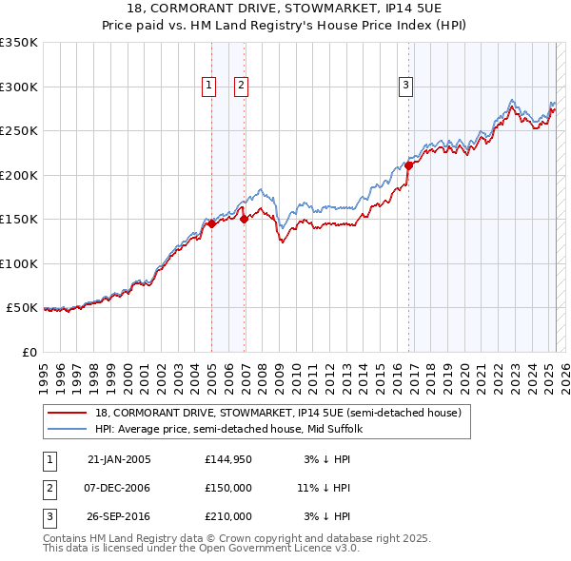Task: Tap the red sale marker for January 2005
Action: pyautogui.click(x=212, y=223)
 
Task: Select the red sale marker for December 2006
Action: pyautogui.click(x=244, y=219)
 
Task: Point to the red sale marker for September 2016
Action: pyautogui.click(x=408, y=165)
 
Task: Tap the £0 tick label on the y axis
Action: pyautogui.click(x=29, y=352)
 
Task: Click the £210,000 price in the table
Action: pyautogui.click(x=228, y=517)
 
